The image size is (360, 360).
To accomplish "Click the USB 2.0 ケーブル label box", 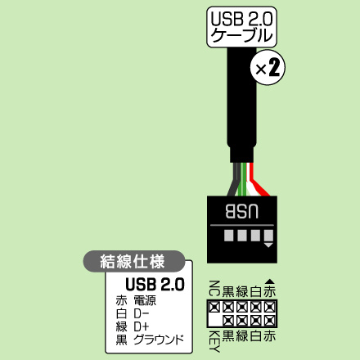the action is coord(242,27).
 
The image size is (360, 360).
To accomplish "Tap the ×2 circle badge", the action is coord(268,68).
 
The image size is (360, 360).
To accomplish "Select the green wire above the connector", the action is coord(241,179).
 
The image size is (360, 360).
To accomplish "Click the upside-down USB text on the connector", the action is coord(242,211).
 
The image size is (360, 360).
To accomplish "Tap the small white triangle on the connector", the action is coord(268,245).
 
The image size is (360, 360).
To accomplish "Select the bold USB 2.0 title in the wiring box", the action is coord(155,285).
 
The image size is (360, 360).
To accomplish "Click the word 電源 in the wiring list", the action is coord(145,300).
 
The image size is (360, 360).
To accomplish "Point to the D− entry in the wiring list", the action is coord(142,313).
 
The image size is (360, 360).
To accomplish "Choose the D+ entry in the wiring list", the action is coord(142,326).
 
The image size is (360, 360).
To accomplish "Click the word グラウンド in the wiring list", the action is coord(159,340).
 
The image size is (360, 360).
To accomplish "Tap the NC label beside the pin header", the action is coord(214,288).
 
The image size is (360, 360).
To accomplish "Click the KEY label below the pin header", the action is coord(214,342).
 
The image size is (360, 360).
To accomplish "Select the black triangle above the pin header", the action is coord(269,281).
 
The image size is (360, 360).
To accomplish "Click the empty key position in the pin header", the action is coord(214,320).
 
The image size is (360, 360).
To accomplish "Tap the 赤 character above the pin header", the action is coord(270,291).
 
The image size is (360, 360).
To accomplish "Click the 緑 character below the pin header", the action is coord(242,335).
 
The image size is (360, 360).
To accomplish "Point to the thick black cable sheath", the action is coord(241,105).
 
